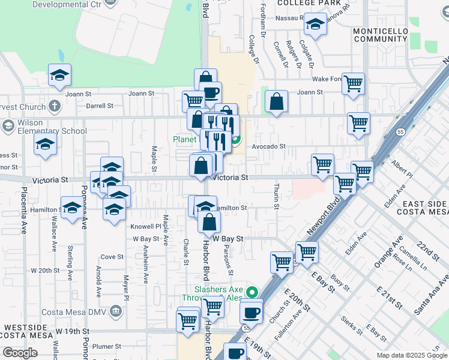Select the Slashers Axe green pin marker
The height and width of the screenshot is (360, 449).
(x=253, y=293)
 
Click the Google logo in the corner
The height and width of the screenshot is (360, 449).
(x=20, y=353)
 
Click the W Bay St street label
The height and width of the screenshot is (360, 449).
(x=231, y=239)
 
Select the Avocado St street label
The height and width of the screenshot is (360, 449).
(x=268, y=146)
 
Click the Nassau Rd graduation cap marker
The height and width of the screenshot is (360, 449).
(x=315, y=25)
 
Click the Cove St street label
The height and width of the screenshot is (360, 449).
(x=112, y=257)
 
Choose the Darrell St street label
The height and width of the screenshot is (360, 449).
(x=100, y=106)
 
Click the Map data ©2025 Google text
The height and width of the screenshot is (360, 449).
(x=411, y=355)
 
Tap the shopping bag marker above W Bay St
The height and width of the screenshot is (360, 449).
(x=208, y=222)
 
